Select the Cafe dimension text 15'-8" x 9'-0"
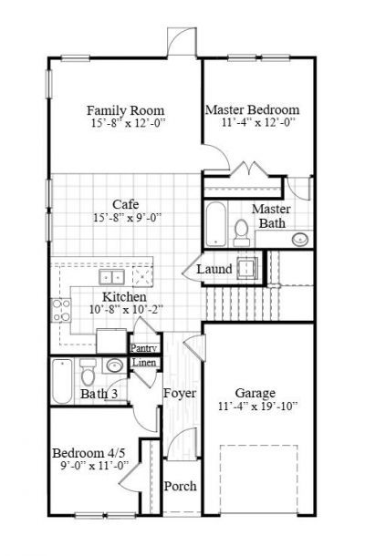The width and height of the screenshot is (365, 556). point(125,218)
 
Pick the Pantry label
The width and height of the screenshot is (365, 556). point(144,348)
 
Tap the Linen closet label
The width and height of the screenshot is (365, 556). point(144,364)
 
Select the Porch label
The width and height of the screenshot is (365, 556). point(180,486)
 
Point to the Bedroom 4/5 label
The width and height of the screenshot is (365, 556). point(89,453)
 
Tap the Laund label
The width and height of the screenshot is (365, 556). point(214,270)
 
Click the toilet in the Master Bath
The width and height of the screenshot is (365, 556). point(241,235)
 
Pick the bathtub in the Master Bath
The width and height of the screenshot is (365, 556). point(216,224)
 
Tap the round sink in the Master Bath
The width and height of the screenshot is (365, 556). point(299,240)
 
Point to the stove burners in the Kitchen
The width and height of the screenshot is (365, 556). point(62,312)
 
